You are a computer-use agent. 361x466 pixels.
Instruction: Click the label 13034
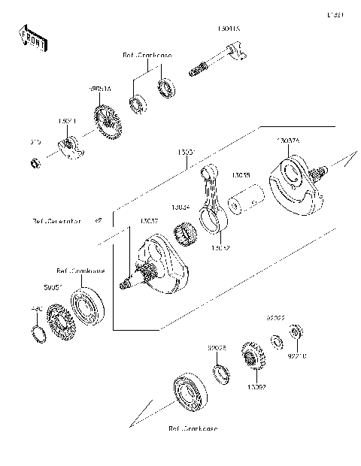coord(180,207)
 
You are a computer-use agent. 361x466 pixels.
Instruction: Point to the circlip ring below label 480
coord(35,333)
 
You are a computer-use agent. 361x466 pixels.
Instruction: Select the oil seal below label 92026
coord(221,372)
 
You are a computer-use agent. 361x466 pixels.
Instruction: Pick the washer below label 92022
coord(278,343)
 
